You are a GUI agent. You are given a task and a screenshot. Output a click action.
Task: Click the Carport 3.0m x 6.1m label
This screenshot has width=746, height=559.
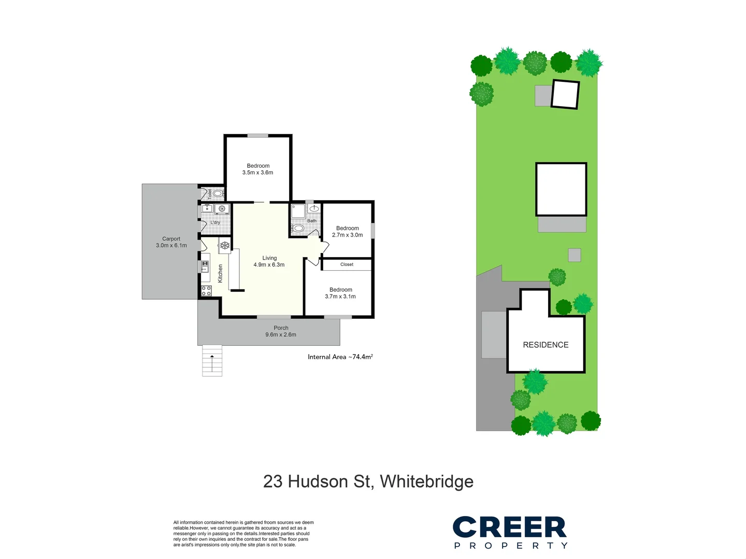pyautogui.click(x=171, y=242)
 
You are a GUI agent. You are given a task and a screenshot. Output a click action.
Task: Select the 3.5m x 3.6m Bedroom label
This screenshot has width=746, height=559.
pyautogui.click(x=257, y=169)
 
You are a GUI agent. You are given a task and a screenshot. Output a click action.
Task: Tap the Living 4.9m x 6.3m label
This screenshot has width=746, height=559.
pyautogui.click(x=269, y=261)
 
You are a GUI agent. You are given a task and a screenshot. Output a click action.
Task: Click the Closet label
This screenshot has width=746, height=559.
pyautogui.click(x=347, y=264)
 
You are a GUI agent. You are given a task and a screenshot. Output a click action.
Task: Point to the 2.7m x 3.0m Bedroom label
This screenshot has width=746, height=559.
pyautogui.click(x=347, y=231)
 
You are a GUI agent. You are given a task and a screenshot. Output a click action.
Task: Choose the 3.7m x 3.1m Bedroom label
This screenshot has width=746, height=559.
pyautogui.click(x=340, y=293)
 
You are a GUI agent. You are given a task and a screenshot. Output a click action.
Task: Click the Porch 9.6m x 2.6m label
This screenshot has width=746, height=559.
pyautogui.click(x=281, y=331)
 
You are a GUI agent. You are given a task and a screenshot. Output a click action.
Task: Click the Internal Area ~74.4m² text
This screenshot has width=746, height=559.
pyautogui.click(x=340, y=357)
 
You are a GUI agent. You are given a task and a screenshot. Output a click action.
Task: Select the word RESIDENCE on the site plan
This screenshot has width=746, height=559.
pyautogui.click(x=546, y=345)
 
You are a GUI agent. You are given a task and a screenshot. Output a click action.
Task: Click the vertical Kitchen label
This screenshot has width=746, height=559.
pyautogui.click(x=220, y=273)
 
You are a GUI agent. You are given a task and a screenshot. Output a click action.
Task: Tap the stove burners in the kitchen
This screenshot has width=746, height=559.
pyautogui.click(x=206, y=291)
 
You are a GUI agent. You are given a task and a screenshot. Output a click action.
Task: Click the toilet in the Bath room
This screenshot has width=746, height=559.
pyautogui.click(x=298, y=228)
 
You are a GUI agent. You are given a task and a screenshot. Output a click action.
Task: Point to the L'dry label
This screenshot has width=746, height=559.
pyautogui.click(x=215, y=223)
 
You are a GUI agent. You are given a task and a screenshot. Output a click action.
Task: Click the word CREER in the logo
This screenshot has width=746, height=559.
pyautogui.click(x=510, y=527)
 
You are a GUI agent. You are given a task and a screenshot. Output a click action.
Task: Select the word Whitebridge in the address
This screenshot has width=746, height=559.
pyautogui.click(x=426, y=481)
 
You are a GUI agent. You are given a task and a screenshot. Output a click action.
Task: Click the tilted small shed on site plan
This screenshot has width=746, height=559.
pyautogui.click(x=565, y=94)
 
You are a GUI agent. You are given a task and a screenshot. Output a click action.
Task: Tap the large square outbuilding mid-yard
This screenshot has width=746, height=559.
pyautogui.click(x=561, y=189)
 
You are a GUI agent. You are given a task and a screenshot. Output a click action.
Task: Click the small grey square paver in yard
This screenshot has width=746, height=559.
pyautogui.click(x=574, y=255)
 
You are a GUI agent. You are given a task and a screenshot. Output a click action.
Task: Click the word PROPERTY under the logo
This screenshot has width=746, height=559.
pyautogui.click(x=511, y=546)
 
